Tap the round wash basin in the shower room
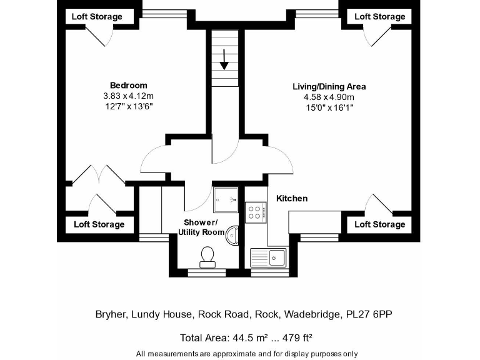click(x=233, y=234)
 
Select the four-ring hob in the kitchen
click(x=255, y=211)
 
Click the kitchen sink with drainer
click(x=267, y=256)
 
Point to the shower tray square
click(x=226, y=199)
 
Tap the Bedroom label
click(x=128, y=86)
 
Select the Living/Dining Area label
click(x=329, y=86)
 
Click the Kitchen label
click(x=292, y=198)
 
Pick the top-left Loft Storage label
click(x=97, y=16)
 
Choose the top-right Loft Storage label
click(x=380, y=16)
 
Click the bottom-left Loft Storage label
click(x=99, y=224)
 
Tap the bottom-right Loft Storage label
click(x=380, y=224)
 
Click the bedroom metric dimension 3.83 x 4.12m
click(x=128, y=96)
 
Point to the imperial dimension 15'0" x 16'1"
click(x=329, y=107)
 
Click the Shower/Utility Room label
click(x=201, y=227)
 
